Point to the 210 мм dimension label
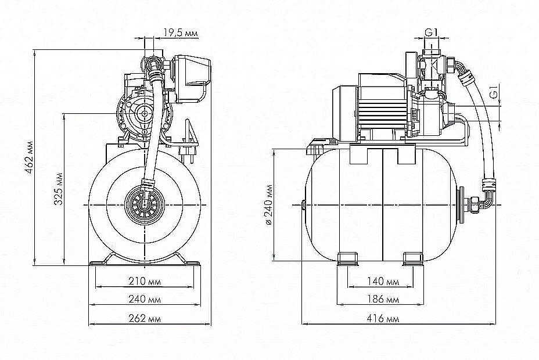145,282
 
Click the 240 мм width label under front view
145,300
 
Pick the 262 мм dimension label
145,319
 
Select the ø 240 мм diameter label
268,204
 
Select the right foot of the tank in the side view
413,257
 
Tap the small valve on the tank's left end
304,206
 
